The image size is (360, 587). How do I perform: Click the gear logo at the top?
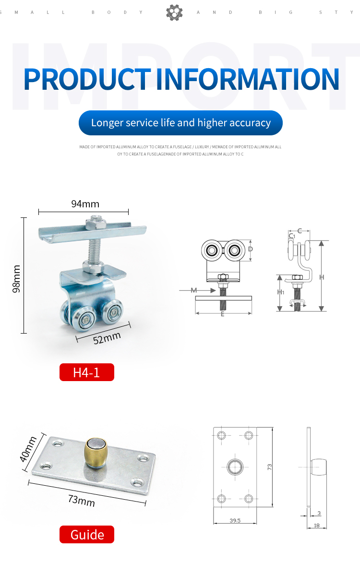click(x=174, y=12)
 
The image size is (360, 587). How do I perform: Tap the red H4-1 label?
click(x=87, y=372)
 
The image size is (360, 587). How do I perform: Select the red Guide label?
click(x=87, y=534)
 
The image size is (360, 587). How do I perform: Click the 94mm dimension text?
click(x=85, y=204)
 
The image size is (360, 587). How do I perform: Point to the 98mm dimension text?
click(x=16, y=278)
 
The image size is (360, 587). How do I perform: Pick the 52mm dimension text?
click(x=107, y=338)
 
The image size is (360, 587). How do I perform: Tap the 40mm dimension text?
click(x=28, y=449)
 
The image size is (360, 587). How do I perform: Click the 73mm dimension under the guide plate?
click(x=82, y=501)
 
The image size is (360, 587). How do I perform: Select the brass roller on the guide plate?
click(x=96, y=452)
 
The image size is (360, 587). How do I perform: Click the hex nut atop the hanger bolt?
click(x=96, y=223)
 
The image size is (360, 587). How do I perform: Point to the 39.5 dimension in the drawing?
click(x=235, y=520)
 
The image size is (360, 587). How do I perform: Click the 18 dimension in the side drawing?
click(x=316, y=525)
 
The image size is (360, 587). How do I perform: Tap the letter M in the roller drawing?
click(x=193, y=290)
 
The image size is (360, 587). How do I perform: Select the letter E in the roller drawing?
click(x=222, y=314)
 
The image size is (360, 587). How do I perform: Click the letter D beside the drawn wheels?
click(x=251, y=249)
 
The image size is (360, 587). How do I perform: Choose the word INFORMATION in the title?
click(x=248, y=79)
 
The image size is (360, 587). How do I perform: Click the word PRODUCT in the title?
click(x=87, y=79)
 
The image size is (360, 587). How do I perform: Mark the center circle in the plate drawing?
click(x=235, y=467)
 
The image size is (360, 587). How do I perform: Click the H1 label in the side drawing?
click(x=281, y=292)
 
